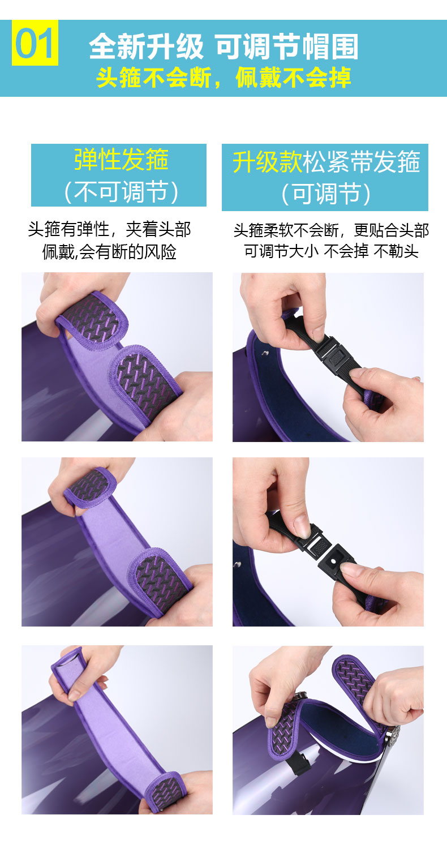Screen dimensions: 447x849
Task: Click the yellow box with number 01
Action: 35,43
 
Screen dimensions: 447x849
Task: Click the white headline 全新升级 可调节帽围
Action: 223,46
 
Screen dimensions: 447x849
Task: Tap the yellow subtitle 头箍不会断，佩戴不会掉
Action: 223,78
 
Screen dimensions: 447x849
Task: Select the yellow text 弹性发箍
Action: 121,160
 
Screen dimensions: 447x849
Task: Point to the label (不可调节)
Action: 121,191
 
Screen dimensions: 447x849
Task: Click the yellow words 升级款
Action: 268,162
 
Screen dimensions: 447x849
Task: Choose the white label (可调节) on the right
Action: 326,194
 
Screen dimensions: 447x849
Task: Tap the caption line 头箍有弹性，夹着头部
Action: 109,229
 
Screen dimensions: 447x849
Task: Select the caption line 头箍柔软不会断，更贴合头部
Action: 331,230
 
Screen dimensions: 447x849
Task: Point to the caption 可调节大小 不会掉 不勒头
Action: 331,251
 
